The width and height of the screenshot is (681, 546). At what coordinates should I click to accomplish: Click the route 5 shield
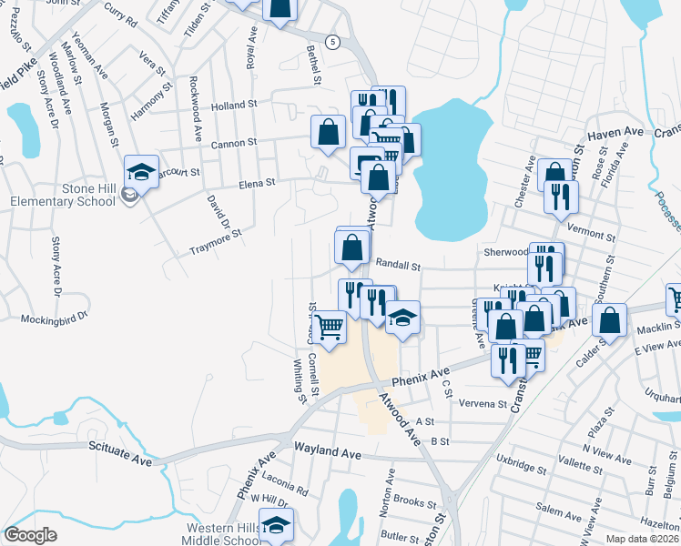(x=334, y=43)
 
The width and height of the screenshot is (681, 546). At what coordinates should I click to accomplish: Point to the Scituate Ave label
(x=120, y=449)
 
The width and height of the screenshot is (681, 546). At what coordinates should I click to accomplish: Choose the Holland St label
(x=235, y=106)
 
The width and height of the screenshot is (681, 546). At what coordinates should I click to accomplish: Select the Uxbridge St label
(x=522, y=471)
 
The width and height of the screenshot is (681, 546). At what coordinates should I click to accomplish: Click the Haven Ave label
(x=609, y=134)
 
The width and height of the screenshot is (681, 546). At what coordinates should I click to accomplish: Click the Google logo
(x=30, y=535)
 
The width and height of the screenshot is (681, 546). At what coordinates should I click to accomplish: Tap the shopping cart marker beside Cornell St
(x=329, y=325)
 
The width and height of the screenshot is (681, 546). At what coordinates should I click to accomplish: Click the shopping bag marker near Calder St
(x=610, y=318)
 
